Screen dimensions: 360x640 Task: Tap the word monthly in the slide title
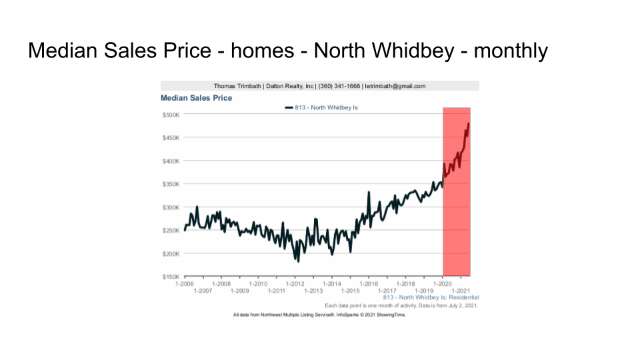click(x=511, y=51)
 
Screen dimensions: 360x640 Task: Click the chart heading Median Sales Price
click(x=196, y=98)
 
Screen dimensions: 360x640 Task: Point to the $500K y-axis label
click(x=170, y=115)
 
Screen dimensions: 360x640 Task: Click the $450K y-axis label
click(x=170, y=138)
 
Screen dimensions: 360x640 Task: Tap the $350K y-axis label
click(x=170, y=184)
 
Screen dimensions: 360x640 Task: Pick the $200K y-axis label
click(x=170, y=254)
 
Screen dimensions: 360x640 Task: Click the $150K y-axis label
click(x=170, y=277)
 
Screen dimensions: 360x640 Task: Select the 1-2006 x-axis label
click(x=185, y=283)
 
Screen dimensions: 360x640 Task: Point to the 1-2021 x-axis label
click(x=461, y=291)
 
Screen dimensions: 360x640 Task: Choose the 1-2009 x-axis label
click(x=239, y=291)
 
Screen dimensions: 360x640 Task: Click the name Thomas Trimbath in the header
click(x=237, y=86)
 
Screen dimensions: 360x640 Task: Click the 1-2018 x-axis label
click(x=405, y=283)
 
